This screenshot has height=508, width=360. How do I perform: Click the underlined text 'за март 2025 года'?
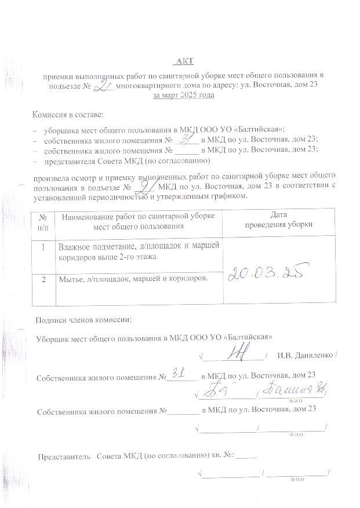click(x=183, y=96)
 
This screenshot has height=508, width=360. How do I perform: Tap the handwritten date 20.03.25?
click(x=268, y=272)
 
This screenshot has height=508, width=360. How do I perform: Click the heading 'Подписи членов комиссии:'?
click(x=83, y=319)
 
